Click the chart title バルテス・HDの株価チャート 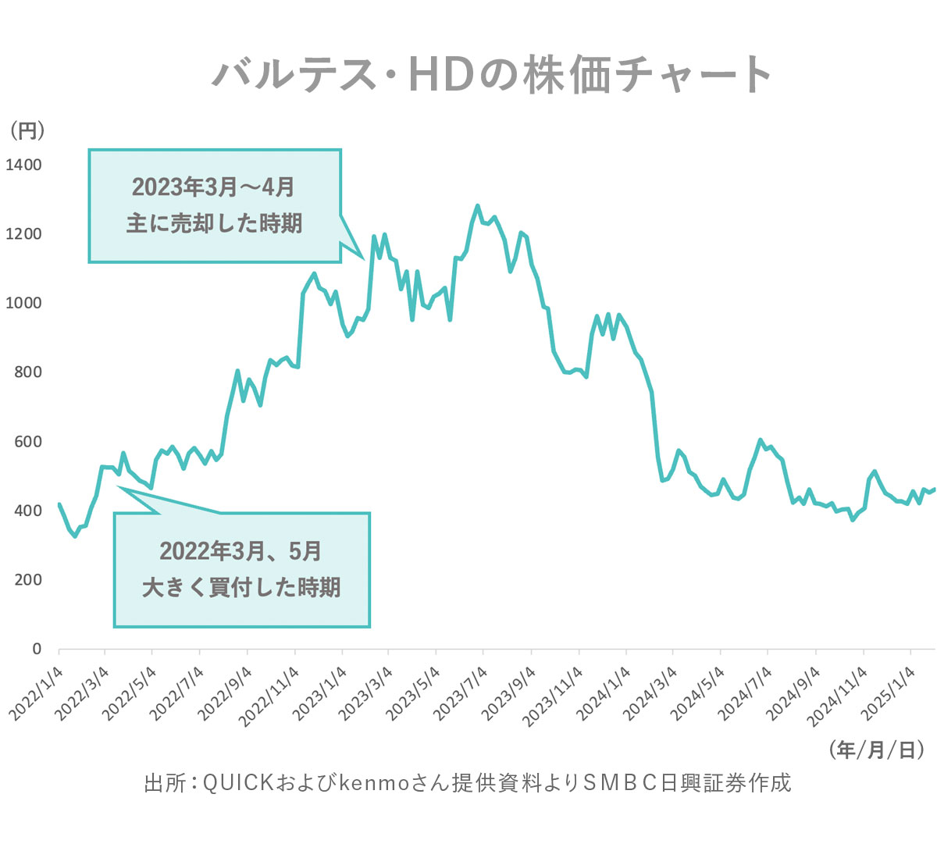pos(493,75)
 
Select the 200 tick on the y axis pos(27,579)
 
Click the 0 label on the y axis pos(37,649)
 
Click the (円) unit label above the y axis pos(27,130)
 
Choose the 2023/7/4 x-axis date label pos(461,693)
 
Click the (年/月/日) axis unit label pos(877,750)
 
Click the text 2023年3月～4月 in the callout pos(213,187)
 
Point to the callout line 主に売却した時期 pos(214,223)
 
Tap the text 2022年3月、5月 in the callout pos(240,551)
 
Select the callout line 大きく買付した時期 pos(241,587)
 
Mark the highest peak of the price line pos(478,206)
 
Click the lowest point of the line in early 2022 pos(75,536)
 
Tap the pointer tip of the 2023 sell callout pos(364,257)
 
